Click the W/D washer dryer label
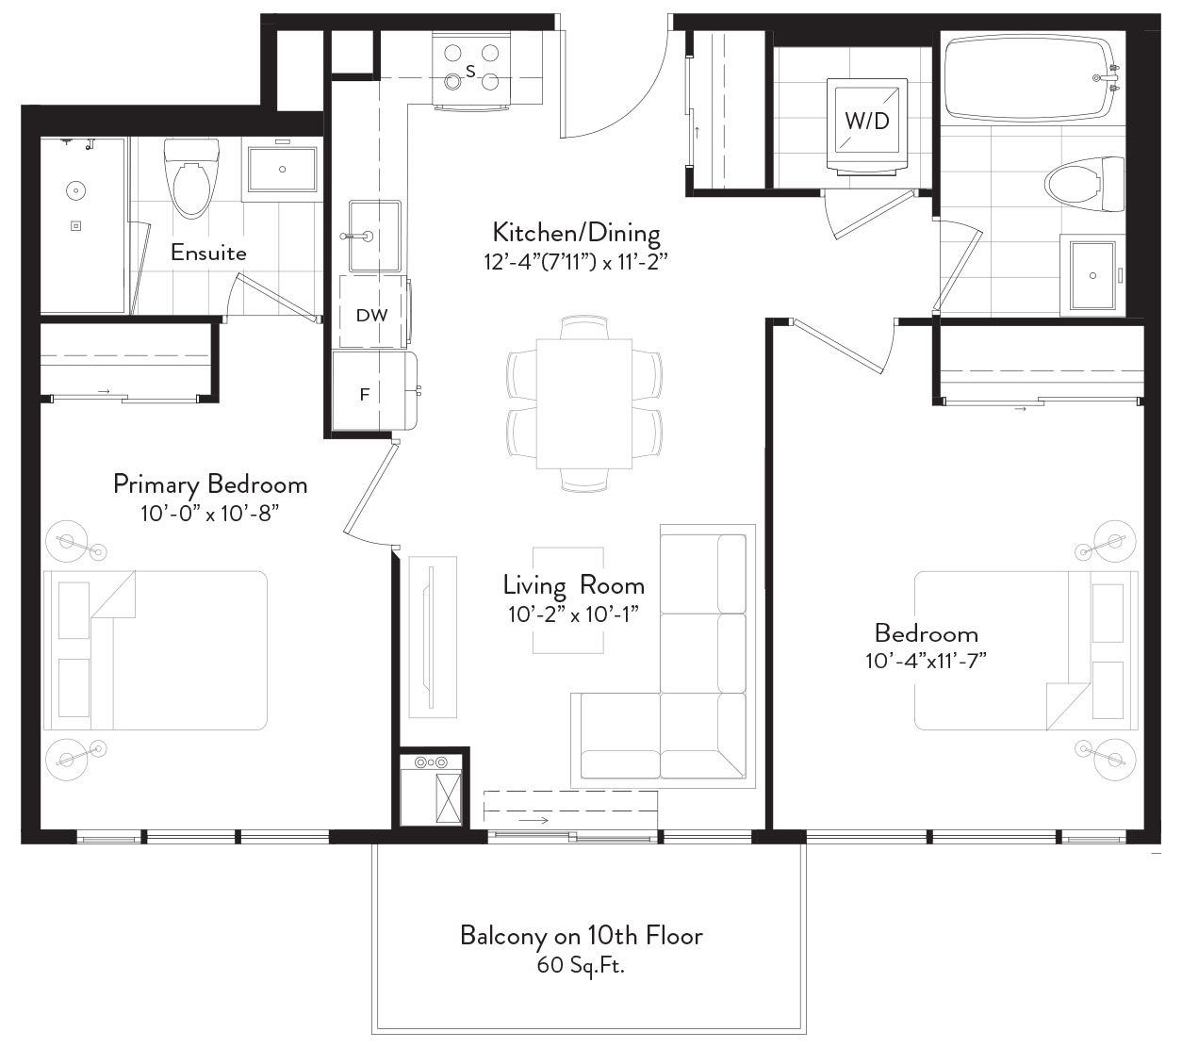867,121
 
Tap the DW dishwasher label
371,315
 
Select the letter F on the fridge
365,395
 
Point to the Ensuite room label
208,253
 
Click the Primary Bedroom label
210,484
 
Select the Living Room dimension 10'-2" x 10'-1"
573,614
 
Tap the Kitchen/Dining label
577,232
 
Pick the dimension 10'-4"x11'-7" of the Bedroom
926,662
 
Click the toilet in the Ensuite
192,178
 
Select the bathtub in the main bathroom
1033,78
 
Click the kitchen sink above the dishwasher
375,237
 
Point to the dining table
584,403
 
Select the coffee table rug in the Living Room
568,600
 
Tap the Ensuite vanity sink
283,170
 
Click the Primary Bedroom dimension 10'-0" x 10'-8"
209,514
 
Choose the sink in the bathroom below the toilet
1092,275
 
